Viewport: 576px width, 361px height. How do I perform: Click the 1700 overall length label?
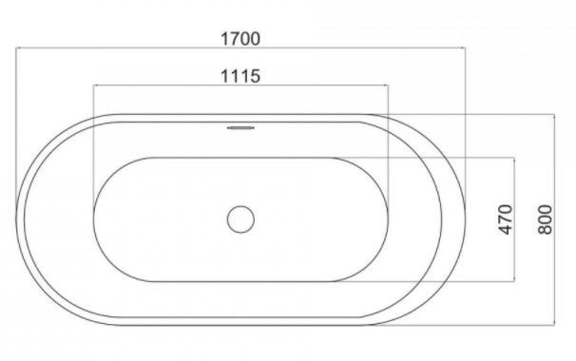pos(240,39)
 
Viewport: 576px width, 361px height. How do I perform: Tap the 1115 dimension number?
pos(240,76)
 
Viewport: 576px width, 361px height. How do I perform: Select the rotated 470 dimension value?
pos(506,219)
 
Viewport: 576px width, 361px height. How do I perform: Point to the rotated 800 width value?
pos(546,219)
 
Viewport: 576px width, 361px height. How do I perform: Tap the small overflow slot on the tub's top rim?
pos(240,128)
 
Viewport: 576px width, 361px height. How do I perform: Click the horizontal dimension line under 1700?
pos(240,47)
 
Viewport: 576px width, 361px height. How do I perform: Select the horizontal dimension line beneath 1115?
pos(240,85)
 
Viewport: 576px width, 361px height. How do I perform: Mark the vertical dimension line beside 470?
pos(514,219)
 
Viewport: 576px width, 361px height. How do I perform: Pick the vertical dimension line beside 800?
pos(554,219)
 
